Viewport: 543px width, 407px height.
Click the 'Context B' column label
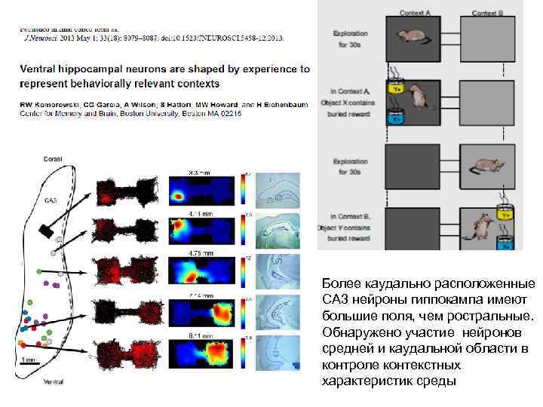pyautogui.click(x=487, y=13)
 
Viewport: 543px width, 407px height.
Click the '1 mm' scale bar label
pyautogui.click(x=30, y=360)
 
